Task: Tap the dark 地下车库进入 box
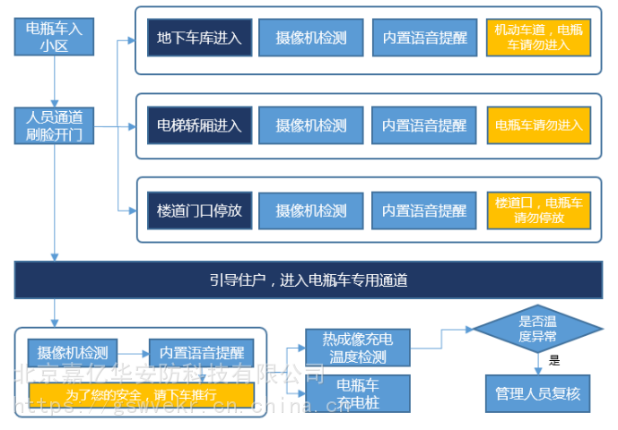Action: point(199,38)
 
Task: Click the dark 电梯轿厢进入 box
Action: point(199,125)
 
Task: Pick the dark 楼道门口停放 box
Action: point(199,211)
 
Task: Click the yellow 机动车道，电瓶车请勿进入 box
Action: point(538,38)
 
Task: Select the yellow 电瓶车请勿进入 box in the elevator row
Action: point(538,125)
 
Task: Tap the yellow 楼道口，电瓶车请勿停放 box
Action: point(538,211)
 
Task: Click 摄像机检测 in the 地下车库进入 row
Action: point(310,38)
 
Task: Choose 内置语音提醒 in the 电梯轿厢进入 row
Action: point(424,125)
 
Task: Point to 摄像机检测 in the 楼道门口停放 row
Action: point(310,211)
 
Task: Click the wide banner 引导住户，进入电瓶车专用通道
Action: point(308,280)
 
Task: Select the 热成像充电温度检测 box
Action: point(359,348)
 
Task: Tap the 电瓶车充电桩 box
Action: point(359,393)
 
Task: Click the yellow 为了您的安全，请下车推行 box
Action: point(141,395)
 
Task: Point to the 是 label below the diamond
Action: point(553,361)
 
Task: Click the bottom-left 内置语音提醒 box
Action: point(201,352)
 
